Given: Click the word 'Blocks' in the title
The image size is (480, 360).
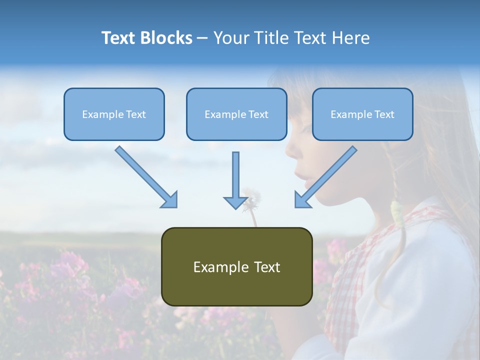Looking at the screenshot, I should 166,38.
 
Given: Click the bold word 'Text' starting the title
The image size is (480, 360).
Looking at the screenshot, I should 119,38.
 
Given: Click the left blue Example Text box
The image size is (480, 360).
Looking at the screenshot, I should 114,114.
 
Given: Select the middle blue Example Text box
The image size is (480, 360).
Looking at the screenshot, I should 236,114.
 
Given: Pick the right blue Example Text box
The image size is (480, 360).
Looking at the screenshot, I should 362,114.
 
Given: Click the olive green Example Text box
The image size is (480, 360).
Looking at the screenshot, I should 236,266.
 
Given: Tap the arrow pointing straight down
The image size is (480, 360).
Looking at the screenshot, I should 235,180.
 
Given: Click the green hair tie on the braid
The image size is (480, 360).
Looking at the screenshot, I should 397,210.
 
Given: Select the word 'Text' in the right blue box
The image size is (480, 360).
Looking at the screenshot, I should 384,114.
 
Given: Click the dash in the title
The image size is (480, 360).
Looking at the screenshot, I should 202,38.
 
